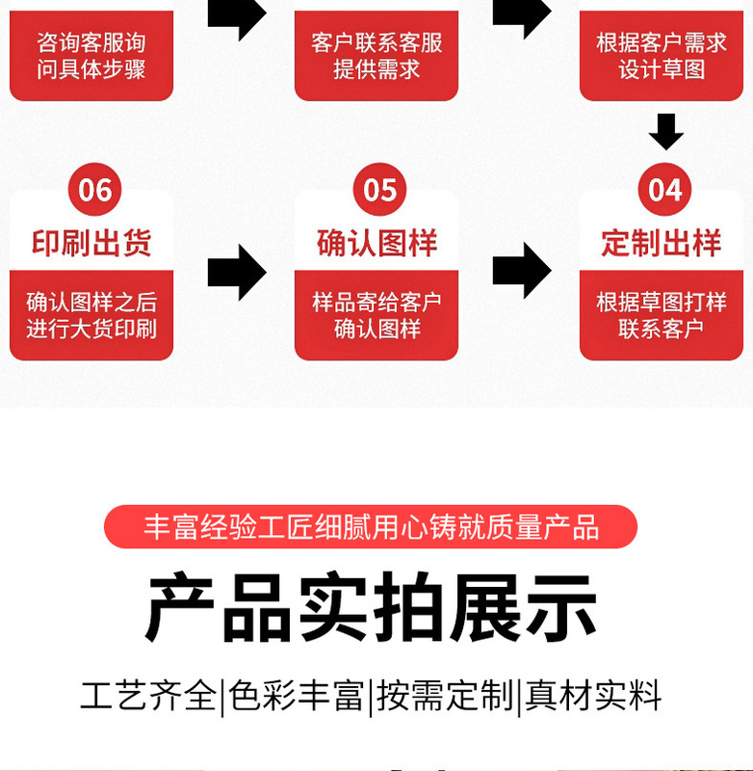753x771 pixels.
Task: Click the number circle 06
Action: (x=94, y=190)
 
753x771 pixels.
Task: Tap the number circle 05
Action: (x=379, y=190)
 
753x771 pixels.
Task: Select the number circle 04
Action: (x=664, y=190)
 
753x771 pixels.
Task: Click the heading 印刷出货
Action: (x=91, y=243)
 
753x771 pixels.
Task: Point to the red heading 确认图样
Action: (x=376, y=243)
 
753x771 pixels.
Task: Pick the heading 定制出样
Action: (x=662, y=243)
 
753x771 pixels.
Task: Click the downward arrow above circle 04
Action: (x=665, y=131)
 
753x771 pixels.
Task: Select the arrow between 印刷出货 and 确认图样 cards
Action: (x=237, y=273)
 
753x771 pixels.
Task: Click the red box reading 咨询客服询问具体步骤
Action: (x=91, y=56)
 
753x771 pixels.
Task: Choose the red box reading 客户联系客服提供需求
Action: (x=376, y=56)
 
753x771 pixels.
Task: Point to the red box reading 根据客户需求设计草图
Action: (x=662, y=56)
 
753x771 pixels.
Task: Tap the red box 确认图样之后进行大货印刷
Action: (x=91, y=315)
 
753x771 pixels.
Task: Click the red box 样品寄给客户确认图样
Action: (x=376, y=315)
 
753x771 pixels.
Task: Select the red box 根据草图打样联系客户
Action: (x=662, y=315)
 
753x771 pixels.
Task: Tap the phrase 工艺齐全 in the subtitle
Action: (x=148, y=696)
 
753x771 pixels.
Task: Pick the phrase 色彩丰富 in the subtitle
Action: (x=296, y=696)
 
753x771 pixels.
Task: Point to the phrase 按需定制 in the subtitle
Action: (x=445, y=696)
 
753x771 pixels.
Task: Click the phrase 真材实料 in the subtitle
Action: (x=593, y=696)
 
